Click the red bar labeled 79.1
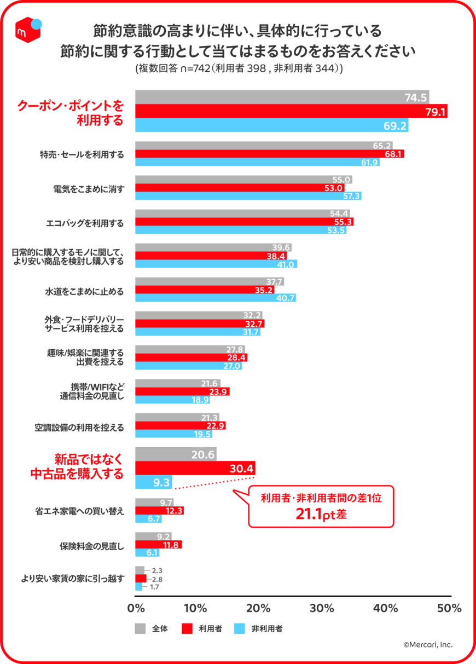pos(291,111)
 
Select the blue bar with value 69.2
pos(271,125)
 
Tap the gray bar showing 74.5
pos(282,97)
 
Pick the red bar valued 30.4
pos(195,468)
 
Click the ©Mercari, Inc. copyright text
pos(428,644)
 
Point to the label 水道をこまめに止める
pos(84,291)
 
